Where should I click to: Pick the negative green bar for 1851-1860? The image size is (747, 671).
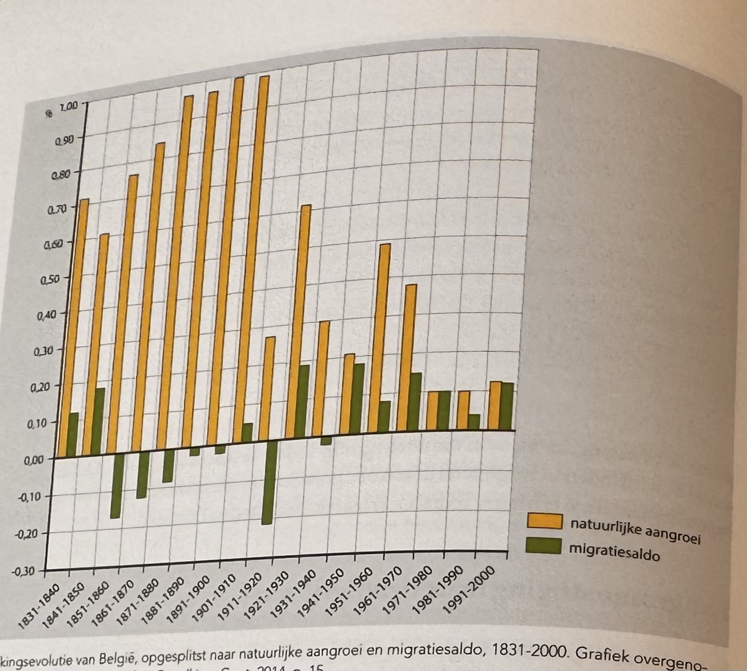point(116,485)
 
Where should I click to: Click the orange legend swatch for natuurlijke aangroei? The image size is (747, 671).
point(545,521)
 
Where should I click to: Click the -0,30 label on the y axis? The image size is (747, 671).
point(23,571)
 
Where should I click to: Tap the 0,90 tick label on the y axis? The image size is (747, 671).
point(65,141)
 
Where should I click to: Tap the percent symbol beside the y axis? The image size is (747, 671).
point(49,114)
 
